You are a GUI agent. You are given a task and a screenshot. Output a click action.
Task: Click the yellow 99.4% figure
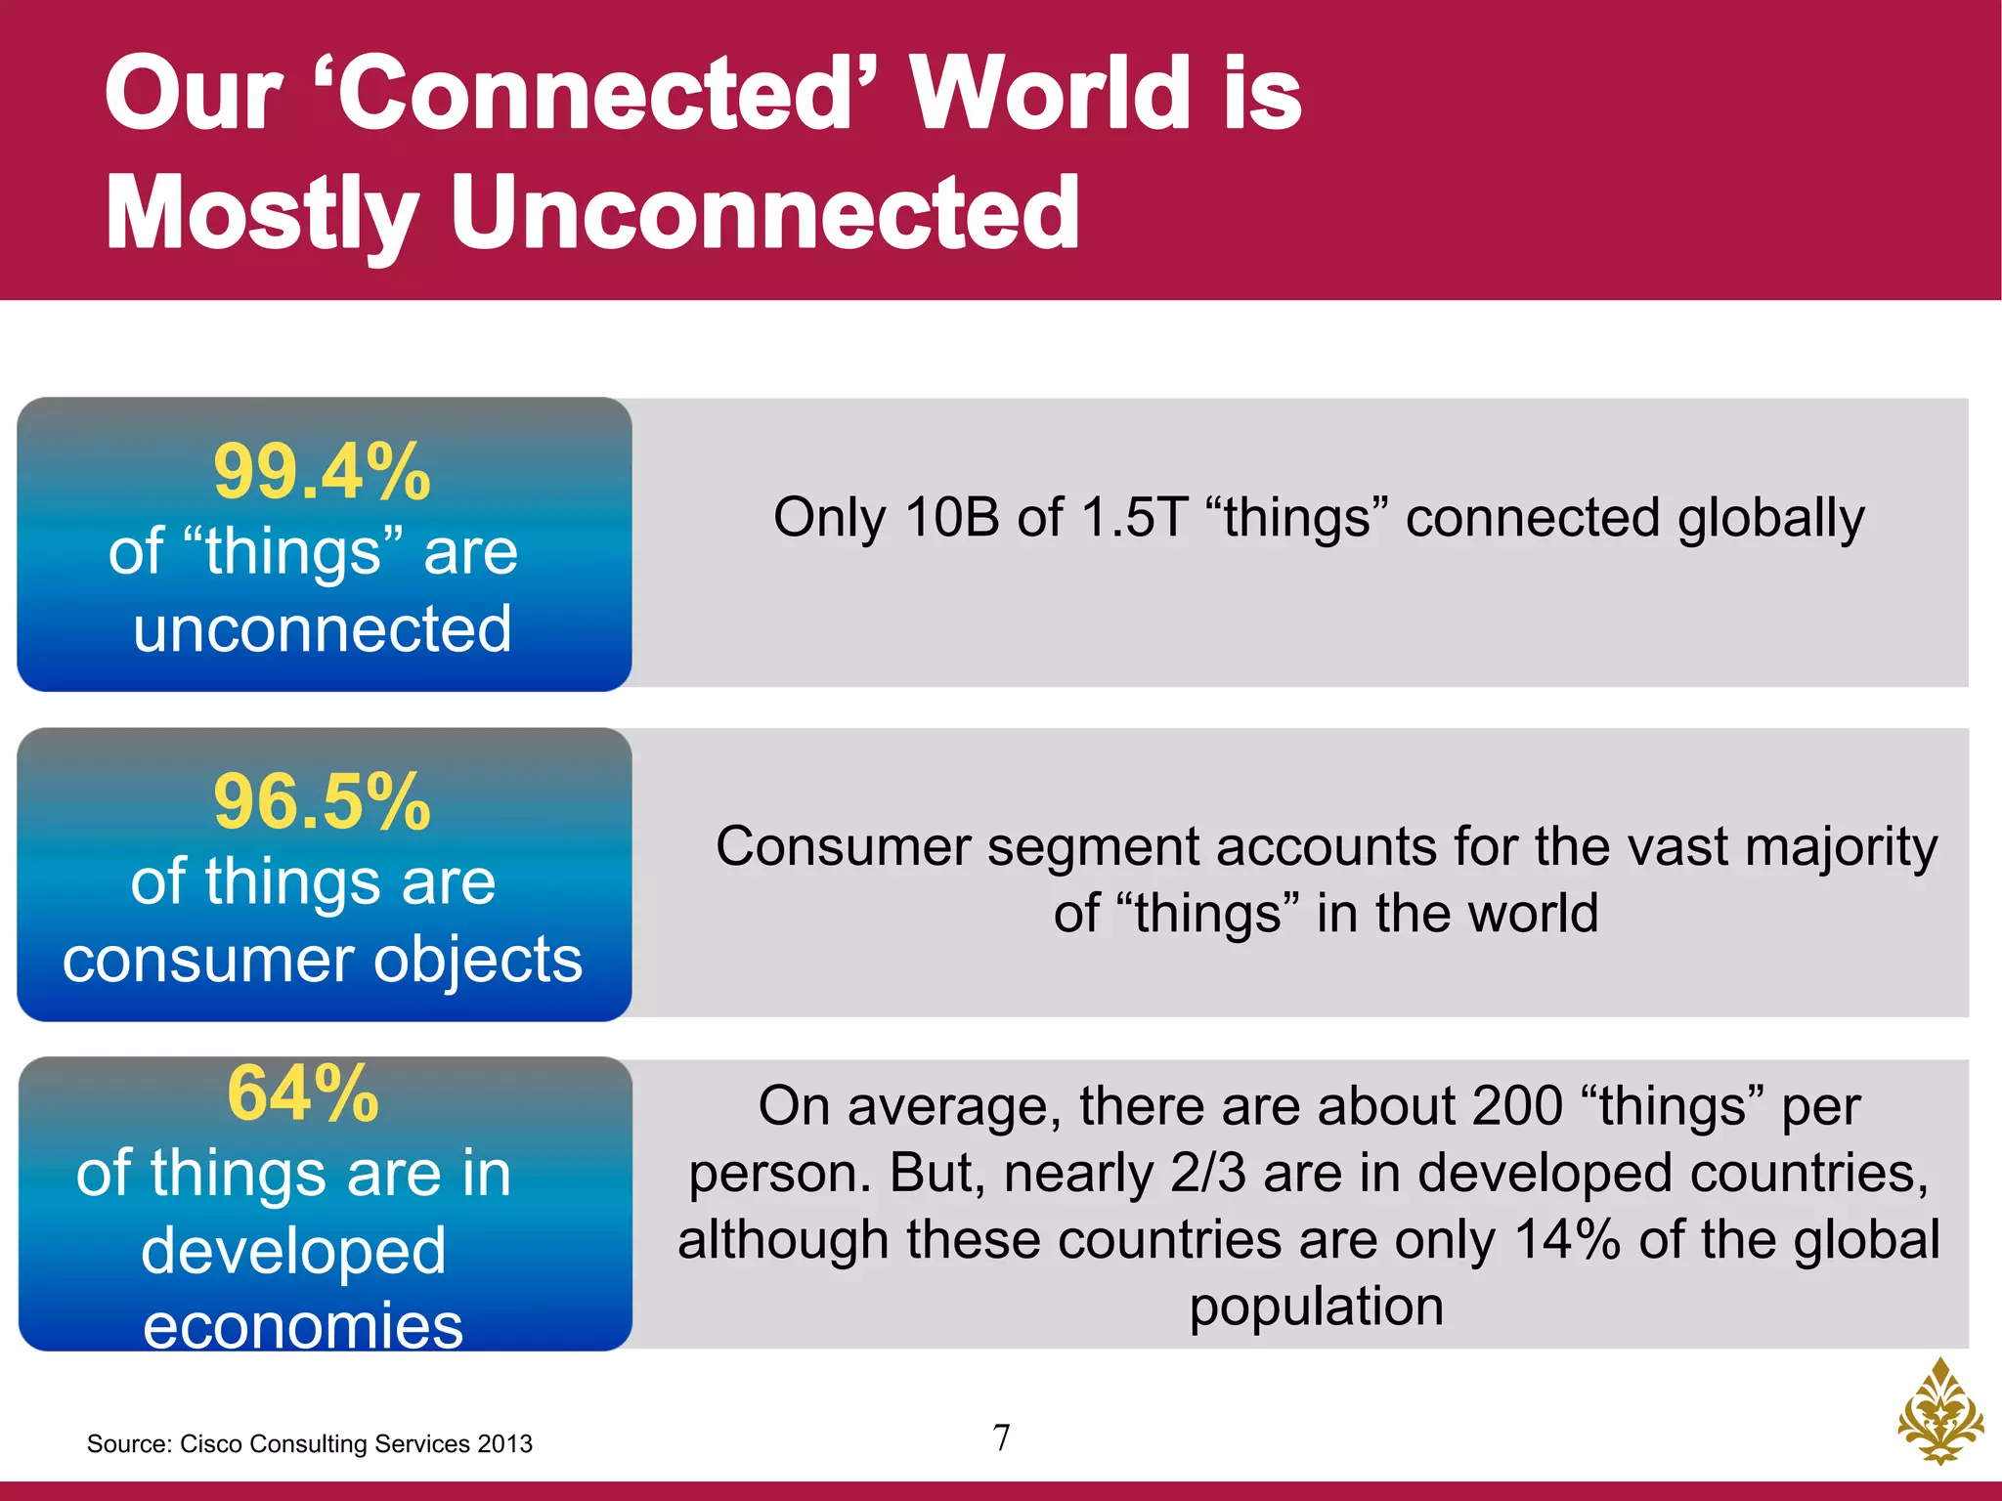pos(322,473)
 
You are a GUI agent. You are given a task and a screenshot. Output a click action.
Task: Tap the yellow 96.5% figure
pos(322,803)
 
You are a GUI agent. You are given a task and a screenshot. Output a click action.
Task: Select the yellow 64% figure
pos(303,1094)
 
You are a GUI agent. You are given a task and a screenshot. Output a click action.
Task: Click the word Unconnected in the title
pos(764,212)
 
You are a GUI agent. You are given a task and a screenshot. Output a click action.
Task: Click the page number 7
pos(1001,1437)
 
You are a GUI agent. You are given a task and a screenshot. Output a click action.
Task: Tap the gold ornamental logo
pos(1939,1412)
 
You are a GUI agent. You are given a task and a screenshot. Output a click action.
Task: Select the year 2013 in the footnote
pos(505,1444)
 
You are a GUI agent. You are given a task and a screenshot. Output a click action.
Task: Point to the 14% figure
pos(1567,1240)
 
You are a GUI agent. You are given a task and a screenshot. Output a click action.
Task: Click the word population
pos(1316,1308)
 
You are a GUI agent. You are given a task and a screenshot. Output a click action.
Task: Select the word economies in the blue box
pos(303,1327)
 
